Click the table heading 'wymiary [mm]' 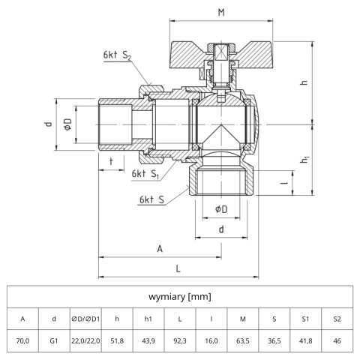179,296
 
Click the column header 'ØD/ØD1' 85,319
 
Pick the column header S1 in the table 305,319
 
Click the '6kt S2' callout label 118,55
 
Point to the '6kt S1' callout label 145,173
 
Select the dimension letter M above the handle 220,13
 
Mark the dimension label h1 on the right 305,160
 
